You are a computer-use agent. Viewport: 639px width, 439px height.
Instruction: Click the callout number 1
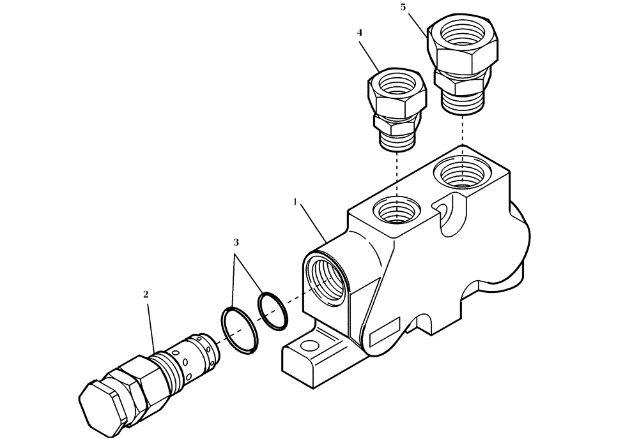point(295,202)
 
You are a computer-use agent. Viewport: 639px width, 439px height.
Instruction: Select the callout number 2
point(146,294)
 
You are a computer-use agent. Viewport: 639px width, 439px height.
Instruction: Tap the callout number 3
point(236,242)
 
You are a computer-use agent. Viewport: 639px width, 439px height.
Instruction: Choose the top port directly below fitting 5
point(460,174)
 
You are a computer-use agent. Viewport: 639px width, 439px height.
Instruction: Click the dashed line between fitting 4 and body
point(397,175)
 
